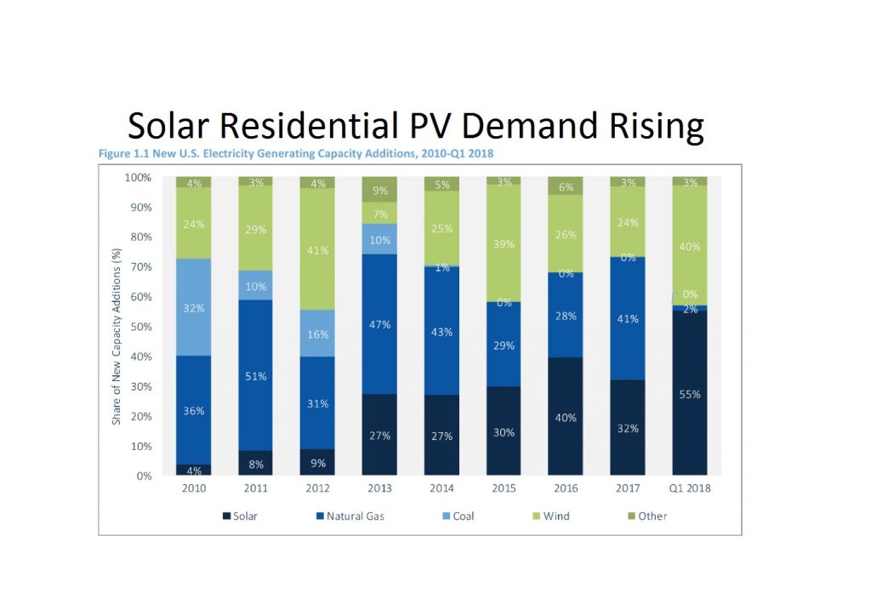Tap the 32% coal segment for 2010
coord(194,307)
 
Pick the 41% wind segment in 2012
coord(318,249)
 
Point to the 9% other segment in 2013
coord(380,190)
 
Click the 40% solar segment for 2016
coord(566,417)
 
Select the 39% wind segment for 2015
coord(504,244)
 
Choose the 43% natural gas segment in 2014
coord(442,331)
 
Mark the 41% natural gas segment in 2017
coord(629,319)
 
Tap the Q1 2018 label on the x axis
coord(691,488)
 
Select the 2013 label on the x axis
coord(380,488)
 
